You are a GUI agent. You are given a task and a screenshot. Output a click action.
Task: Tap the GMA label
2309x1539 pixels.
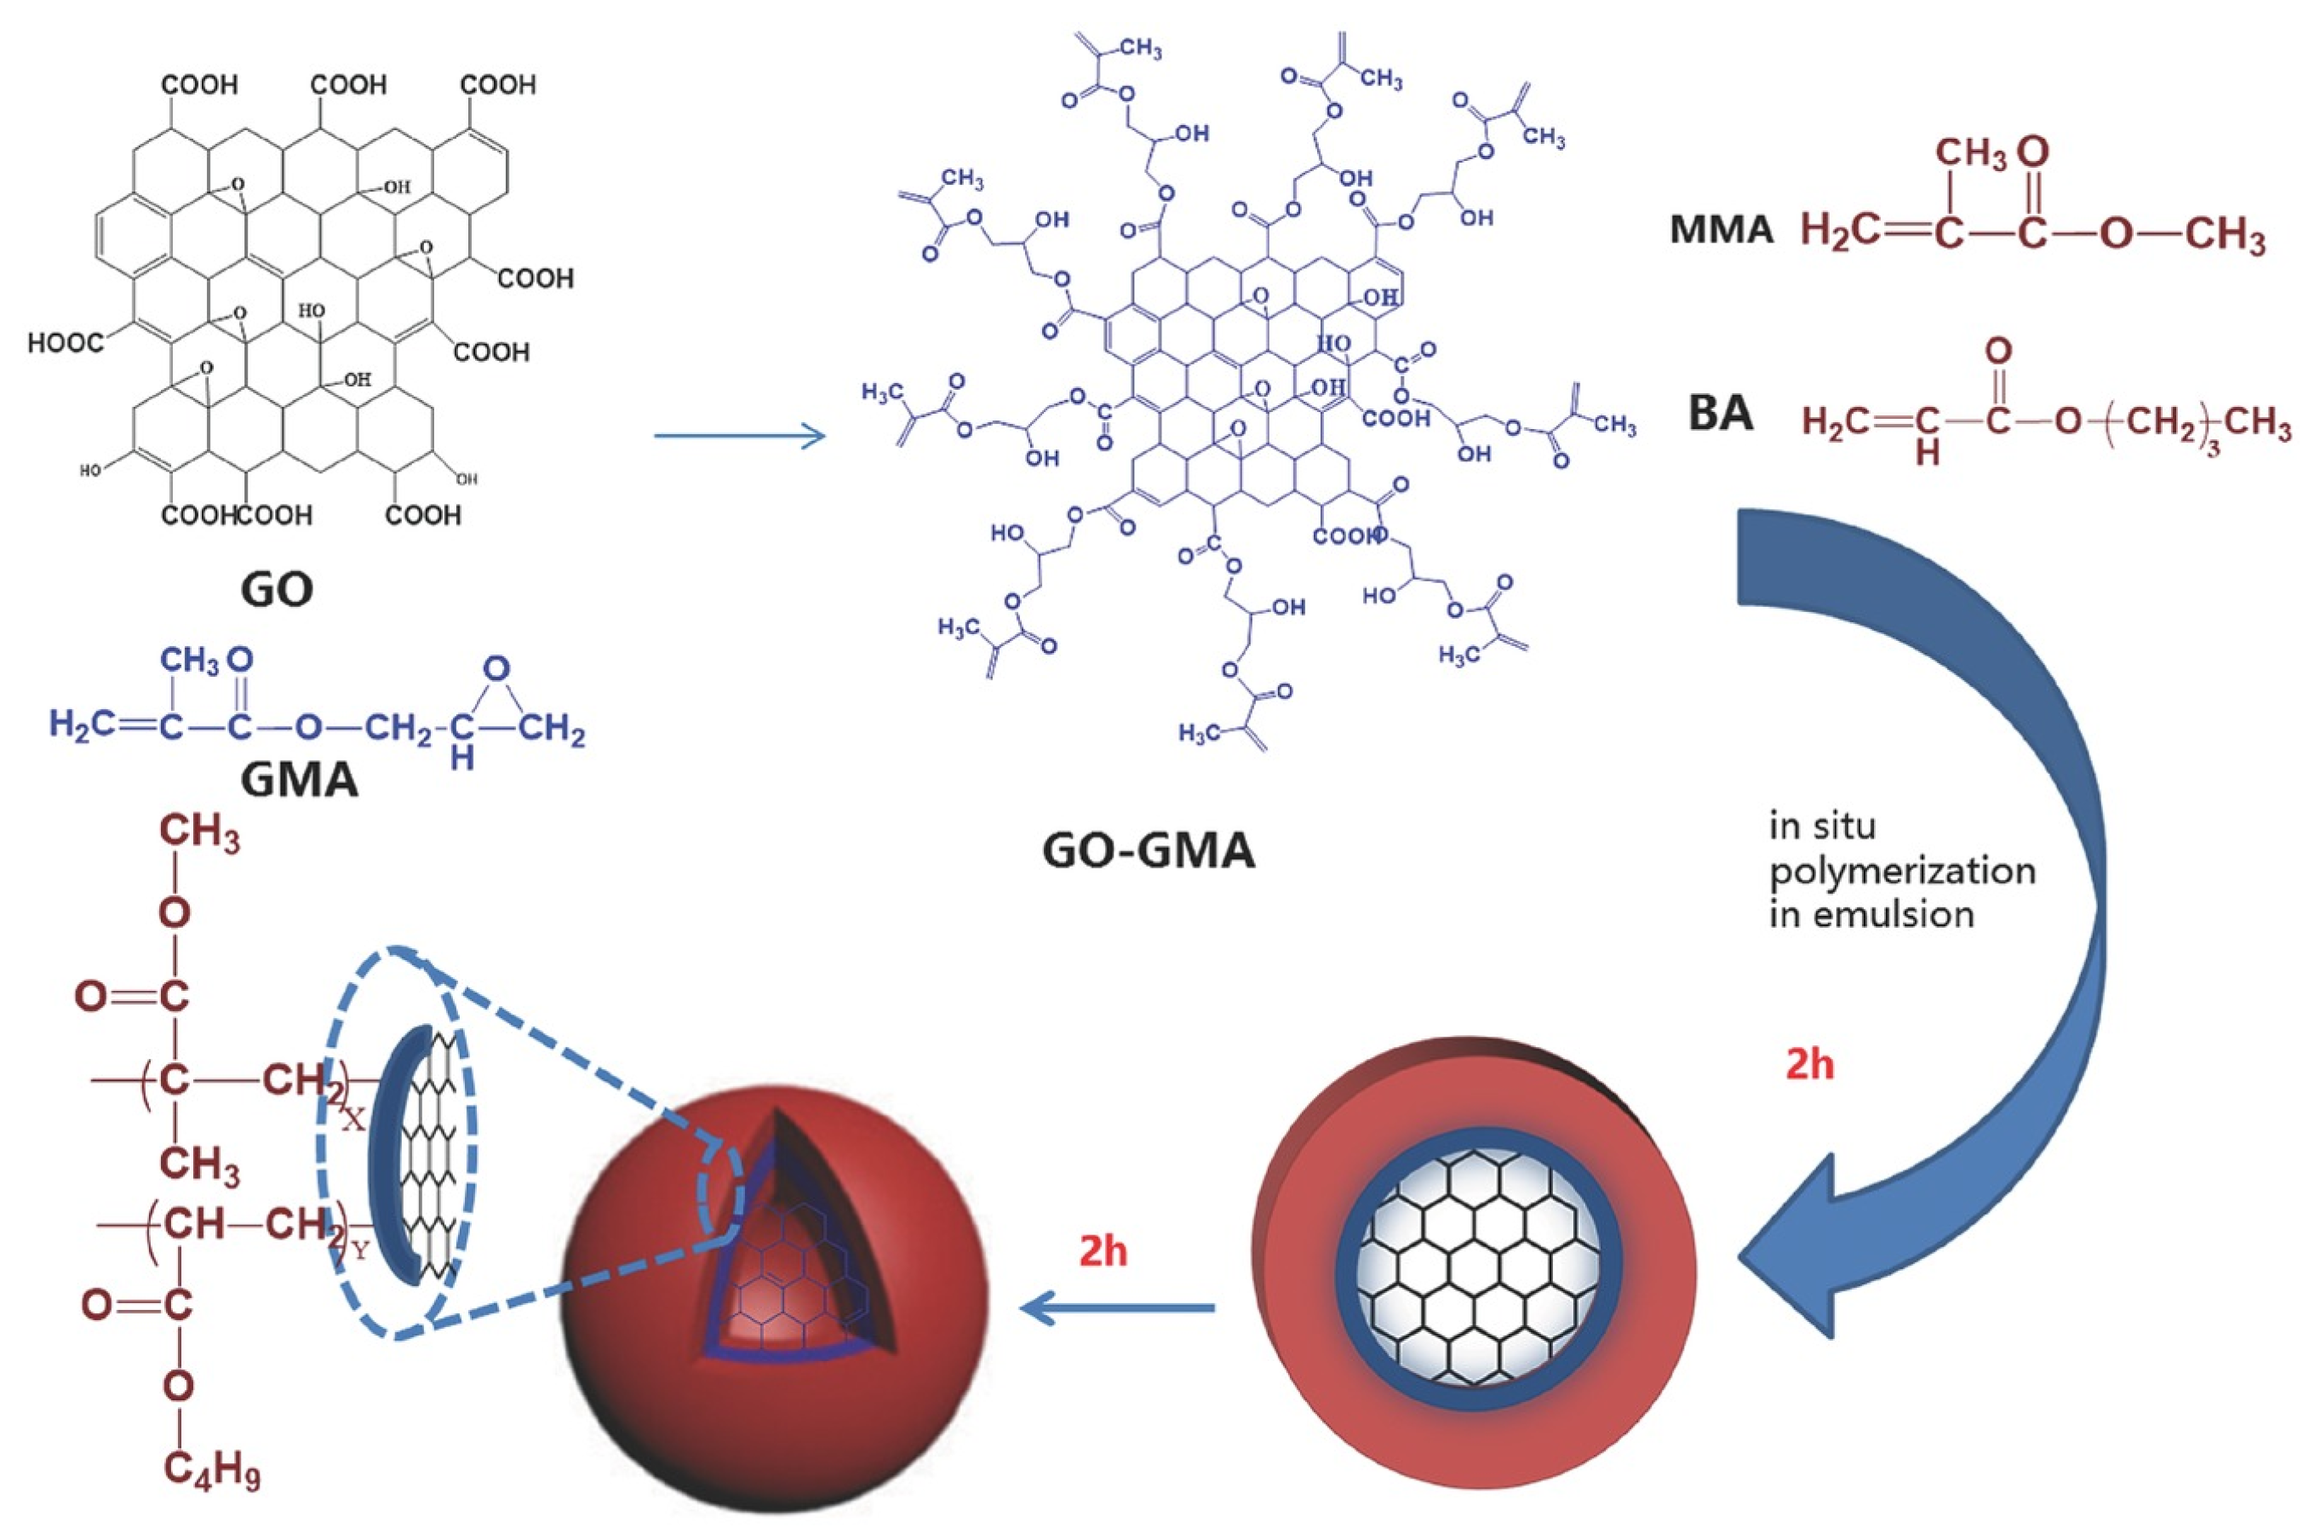coord(300,780)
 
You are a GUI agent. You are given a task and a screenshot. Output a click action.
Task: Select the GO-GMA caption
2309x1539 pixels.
coord(1148,851)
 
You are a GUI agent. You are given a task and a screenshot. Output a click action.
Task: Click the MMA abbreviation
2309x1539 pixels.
coord(1721,230)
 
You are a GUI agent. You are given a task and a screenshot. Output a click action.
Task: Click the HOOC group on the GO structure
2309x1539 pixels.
coord(65,344)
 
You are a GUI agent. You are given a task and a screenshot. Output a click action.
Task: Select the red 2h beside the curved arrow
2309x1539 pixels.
coord(1809,1064)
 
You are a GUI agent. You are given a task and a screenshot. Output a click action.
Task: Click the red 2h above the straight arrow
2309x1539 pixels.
coord(1103,1252)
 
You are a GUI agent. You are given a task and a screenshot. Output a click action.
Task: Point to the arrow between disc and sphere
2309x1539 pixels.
coord(1118,1307)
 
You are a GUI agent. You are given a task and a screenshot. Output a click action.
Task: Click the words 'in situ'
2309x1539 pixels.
coord(1821,827)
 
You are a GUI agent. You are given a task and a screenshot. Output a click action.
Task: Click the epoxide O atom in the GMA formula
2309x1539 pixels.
coord(498,671)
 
